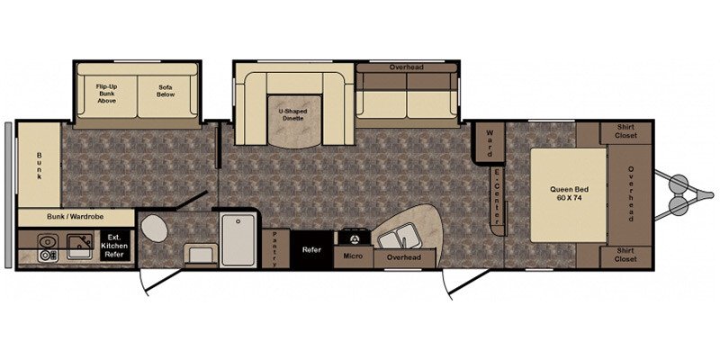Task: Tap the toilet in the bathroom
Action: (x=154, y=229)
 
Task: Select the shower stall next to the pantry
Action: (x=238, y=239)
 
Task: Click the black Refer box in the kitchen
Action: (x=311, y=250)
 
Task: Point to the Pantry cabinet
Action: (x=275, y=248)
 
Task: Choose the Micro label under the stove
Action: (x=353, y=256)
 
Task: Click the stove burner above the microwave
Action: (x=354, y=238)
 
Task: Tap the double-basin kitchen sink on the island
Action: (x=398, y=236)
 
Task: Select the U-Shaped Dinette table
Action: (x=293, y=121)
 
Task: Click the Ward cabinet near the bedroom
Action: (x=489, y=142)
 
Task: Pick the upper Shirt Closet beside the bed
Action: (x=625, y=132)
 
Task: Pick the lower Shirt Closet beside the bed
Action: (x=625, y=256)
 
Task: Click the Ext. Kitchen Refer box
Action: (x=115, y=246)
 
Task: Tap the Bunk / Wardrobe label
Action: (x=76, y=216)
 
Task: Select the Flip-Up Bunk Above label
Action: (x=106, y=94)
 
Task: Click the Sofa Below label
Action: (x=166, y=91)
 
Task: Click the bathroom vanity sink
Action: (x=201, y=254)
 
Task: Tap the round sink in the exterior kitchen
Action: (x=48, y=240)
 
